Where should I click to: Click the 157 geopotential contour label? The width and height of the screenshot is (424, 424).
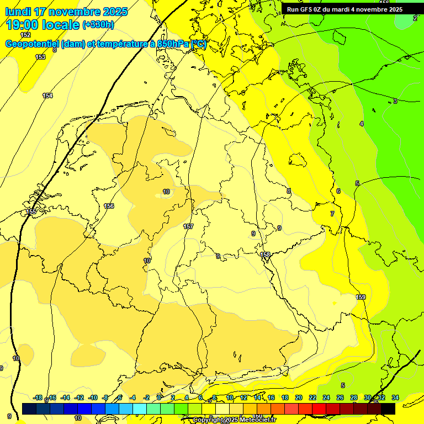(188, 227)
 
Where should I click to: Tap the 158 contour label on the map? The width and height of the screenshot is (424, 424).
(266, 255)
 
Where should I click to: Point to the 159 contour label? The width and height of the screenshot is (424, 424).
(361, 298)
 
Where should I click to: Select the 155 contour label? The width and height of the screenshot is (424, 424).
(31, 211)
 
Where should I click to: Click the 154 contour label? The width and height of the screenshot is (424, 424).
(47, 96)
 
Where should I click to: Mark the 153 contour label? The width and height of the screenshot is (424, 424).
(40, 57)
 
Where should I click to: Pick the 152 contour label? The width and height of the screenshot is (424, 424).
(25, 35)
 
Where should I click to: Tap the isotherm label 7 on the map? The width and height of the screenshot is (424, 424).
(332, 214)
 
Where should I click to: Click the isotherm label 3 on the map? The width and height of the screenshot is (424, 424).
(395, 101)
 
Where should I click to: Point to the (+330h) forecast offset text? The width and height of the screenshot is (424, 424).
(98, 25)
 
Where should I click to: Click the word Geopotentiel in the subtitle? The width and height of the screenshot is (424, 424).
(33, 44)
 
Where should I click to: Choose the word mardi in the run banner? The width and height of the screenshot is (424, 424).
(340, 9)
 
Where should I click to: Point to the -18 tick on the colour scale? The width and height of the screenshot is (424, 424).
(38, 397)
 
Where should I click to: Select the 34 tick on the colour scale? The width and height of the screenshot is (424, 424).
(395, 397)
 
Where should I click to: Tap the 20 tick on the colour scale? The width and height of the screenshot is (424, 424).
(299, 397)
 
